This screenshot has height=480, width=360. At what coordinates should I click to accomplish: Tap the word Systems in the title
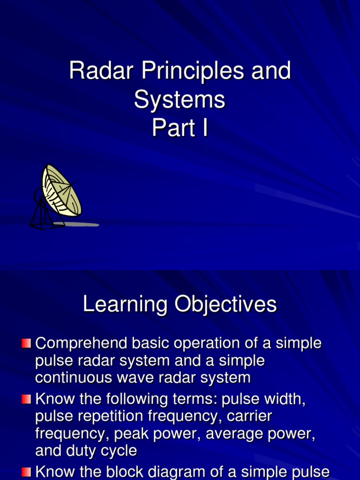[x=180, y=100]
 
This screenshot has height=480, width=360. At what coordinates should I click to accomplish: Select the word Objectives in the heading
[x=226, y=305]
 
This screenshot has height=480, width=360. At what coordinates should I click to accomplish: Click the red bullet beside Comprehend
[x=26, y=344]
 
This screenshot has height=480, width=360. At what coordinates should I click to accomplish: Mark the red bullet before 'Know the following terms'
[x=26, y=400]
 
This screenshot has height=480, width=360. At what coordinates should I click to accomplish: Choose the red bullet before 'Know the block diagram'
[x=26, y=471]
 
